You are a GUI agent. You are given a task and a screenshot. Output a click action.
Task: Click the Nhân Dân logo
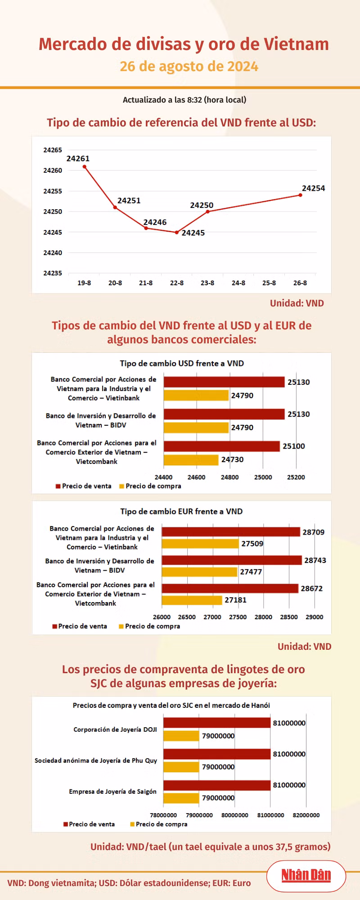pyautogui.click(x=306, y=875)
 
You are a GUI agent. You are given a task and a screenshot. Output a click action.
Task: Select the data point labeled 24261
pyautogui.click(x=85, y=166)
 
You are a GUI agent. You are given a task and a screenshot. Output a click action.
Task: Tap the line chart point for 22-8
pyautogui.click(x=177, y=232)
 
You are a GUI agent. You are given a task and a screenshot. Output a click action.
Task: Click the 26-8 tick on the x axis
pyautogui.click(x=300, y=283)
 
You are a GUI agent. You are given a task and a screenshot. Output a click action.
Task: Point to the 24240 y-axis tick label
pyautogui.click(x=53, y=253)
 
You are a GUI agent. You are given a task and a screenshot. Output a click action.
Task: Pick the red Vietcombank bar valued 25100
pyautogui.click(x=221, y=446)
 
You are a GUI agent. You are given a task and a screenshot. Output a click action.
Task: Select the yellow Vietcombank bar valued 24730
pyautogui.click(x=191, y=460)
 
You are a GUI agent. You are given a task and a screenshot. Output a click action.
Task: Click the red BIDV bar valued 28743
pyautogui.click(x=232, y=560)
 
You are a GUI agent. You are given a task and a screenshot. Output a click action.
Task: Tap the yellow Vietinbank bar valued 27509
pyautogui.click(x=200, y=544)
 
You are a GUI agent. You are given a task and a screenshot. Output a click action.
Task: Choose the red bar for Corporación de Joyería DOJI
pyautogui.click(x=217, y=723)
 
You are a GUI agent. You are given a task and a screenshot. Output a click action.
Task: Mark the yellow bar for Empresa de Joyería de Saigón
pyautogui.click(x=181, y=798)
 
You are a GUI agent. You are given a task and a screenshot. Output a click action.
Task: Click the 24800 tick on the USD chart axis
pyautogui.click(x=229, y=477)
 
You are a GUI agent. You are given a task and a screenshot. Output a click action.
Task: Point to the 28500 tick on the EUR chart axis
pyautogui.click(x=289, y=617)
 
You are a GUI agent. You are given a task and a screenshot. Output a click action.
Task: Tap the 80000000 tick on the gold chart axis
pyautogui.click(x=235, y=815)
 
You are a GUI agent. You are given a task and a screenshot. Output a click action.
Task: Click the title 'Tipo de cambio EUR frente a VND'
pyautogui.click(x=181, y=511)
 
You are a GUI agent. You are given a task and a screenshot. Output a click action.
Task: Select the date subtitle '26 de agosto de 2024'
pyautogui.click(x=189, y=67)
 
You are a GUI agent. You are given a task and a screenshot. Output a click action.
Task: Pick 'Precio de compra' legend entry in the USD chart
pyautogui.click(x=150, y=486)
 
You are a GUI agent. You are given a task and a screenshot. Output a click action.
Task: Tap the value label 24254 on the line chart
pyautogui.click(x=313, y=188)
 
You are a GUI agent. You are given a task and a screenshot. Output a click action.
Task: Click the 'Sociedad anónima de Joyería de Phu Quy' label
pyautogui.click(x=96, y=760)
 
